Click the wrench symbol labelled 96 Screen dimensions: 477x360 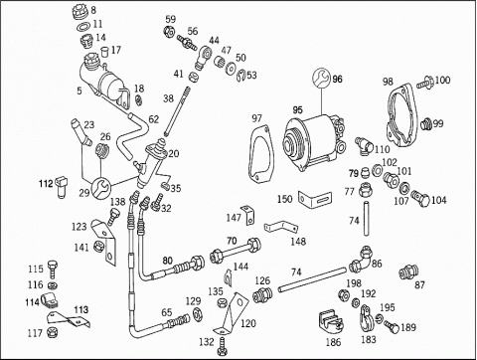[x=321, y=79]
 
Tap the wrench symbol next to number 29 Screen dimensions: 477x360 [x=100, y=188]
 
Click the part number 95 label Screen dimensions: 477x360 [x=297, y=109]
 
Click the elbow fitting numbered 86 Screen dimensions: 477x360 [x=361, y=259]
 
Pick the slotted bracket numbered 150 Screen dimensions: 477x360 [x=315, y=199]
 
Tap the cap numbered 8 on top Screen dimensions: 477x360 [x=79, y=12]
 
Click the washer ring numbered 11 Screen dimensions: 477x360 [x=83, y=27]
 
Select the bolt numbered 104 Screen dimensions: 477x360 [x=420, y=198]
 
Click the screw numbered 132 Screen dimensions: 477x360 [x=223, y=346]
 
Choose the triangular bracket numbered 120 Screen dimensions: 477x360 [x=232, y=313]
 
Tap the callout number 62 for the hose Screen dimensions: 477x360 [x=154, y=119]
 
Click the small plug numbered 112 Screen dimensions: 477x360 [x=62, y=186]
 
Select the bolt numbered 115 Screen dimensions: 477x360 [x=53, y=270]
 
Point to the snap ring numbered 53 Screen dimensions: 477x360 [x=241, y=76]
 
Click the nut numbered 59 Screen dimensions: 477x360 [x=168, y=32]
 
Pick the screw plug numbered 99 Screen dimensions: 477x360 [x=427, y=124]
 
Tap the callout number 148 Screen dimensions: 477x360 [x=298, y=241]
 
